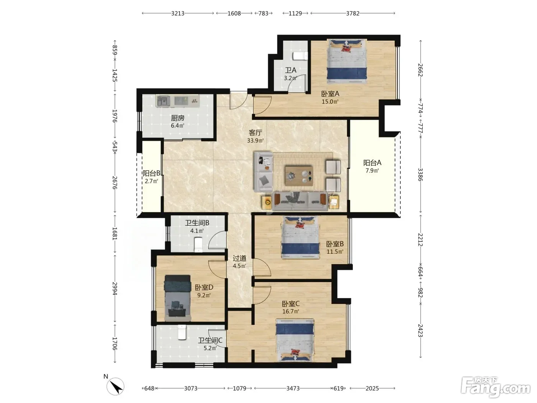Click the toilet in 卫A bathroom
click(x=300, y=56)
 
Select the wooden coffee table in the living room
click(x=299, y=176)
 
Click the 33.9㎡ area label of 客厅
click(x=255, y=140)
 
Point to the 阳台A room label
click(x=372, y=162)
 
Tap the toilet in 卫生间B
click(x=198, y=244)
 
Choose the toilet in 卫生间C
click(x=182, y=332)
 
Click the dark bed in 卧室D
click(x=178, y=298)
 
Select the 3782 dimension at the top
click(x=353, y=13)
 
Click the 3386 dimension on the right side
click(x=420, y=175)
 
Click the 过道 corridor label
click(x=239, y=258)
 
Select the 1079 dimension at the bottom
click(x=239, y=388)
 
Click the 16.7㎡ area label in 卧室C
click(x=291, y=311)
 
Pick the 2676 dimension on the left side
click(x=115, y=183)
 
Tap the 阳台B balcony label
click(x=152, y=173)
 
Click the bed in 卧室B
click(x=300, y=237)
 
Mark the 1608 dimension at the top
click(x=234, y=13)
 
